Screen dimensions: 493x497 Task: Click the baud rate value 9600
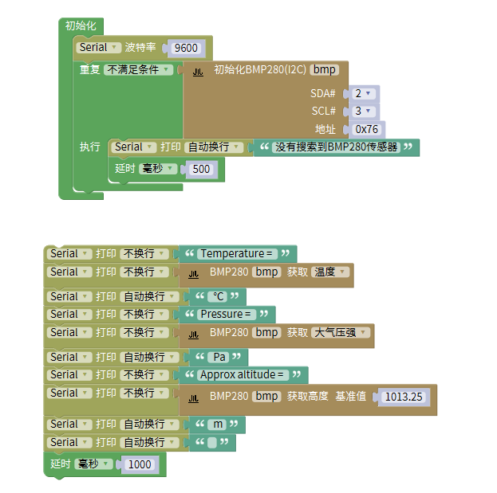185,48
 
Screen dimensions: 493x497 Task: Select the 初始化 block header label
81,25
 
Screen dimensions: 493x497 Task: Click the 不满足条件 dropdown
138,70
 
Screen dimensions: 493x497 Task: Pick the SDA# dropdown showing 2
363,93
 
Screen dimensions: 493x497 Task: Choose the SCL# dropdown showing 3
363,112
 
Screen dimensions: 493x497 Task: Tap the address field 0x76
367,129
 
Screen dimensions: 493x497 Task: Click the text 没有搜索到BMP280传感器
336,147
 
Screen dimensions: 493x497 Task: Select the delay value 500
201,169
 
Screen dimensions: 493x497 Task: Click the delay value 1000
139,464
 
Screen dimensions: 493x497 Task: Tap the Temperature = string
237,254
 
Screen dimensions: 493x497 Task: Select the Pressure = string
227,314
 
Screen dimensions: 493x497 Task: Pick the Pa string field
220,357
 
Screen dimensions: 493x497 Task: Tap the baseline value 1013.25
403,396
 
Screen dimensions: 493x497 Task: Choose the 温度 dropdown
329,272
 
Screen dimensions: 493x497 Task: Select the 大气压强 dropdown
340,332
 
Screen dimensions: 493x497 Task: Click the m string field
217,425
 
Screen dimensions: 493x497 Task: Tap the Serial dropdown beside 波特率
98,48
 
